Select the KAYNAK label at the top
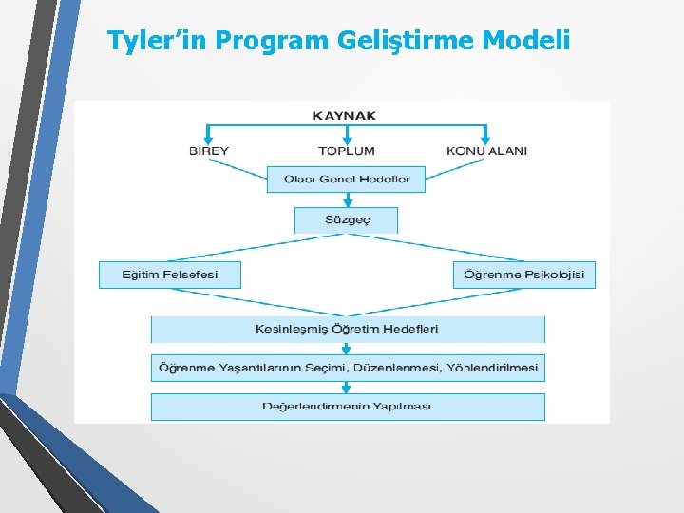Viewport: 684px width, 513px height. click(x=344, y=116)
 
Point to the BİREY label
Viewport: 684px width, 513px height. click(x=209, y=150)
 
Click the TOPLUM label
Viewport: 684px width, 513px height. click(x=347, y=150)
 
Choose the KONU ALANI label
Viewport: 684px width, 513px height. click(x=486, y=150)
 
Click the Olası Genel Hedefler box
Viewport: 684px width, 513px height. click(x=346, y=180)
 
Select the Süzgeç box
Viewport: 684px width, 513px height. click(x=346, y=220)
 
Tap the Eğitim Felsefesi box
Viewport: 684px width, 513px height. click(x=170, y=275)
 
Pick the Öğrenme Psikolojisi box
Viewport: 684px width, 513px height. click(x=524, y=275)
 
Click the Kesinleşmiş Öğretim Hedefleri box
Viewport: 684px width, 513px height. click(x=348, y=329)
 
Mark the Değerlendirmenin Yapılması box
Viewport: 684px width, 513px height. click(x=348, y=407)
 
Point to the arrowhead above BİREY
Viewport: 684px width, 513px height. click(x=209, y=138)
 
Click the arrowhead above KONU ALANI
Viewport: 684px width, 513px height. click(x=486, y=138)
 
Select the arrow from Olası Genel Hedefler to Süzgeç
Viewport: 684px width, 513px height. click(x=348, y=199)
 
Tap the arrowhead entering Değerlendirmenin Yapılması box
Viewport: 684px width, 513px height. click(x=348, y=389)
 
